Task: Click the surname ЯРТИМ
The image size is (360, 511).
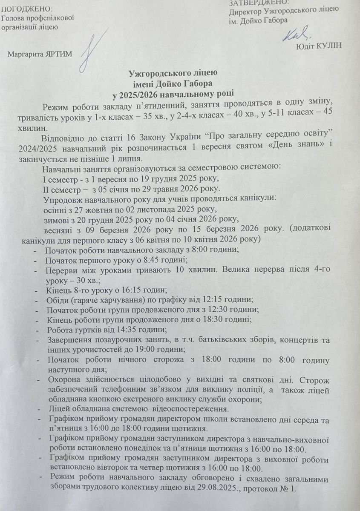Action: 60,54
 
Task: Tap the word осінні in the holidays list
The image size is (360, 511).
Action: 54,210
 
